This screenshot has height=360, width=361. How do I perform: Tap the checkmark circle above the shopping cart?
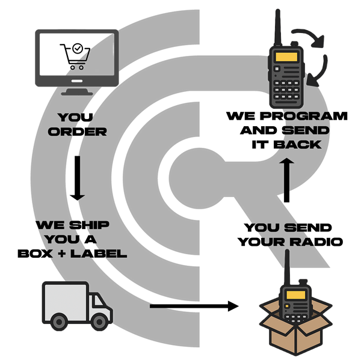77,46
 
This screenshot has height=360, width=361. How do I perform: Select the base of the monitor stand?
76,92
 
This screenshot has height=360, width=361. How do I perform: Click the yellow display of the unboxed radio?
287,57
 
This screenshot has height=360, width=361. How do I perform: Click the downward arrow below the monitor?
76,178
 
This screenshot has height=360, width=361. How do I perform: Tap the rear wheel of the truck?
59,322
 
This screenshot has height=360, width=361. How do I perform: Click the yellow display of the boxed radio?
295,294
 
